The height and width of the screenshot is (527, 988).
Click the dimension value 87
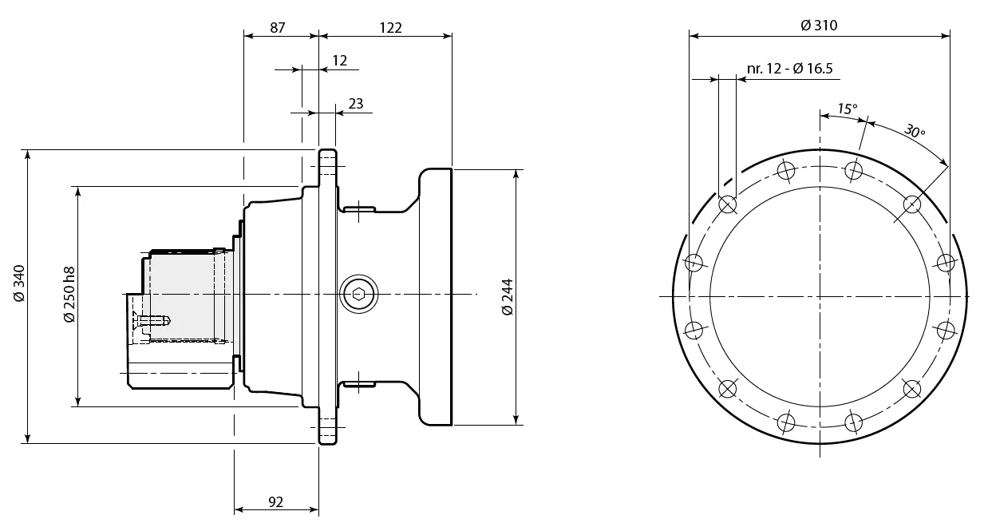tap(278, 27)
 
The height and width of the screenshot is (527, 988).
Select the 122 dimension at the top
tap(389, 27)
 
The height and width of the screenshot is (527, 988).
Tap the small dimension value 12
tap(339, 61)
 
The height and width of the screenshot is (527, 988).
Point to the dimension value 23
tap(356, 103)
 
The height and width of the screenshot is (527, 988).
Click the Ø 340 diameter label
tap(20, 283)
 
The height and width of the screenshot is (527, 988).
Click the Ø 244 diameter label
tap(508, 297)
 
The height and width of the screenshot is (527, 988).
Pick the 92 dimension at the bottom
tap(275, 501)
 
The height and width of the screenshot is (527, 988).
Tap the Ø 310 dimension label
tap(819, 26)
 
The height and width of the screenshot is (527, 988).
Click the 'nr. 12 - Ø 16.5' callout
tap(790, 69)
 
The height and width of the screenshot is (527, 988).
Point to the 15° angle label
tap(847, 108)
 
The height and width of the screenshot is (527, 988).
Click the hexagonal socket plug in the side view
tap(359, 295)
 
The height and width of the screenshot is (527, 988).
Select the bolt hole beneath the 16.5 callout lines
tap(727, 204)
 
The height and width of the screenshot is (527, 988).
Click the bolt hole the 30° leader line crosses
tap(911, 204)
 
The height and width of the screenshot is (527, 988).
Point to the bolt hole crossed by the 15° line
tap(854, 170)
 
